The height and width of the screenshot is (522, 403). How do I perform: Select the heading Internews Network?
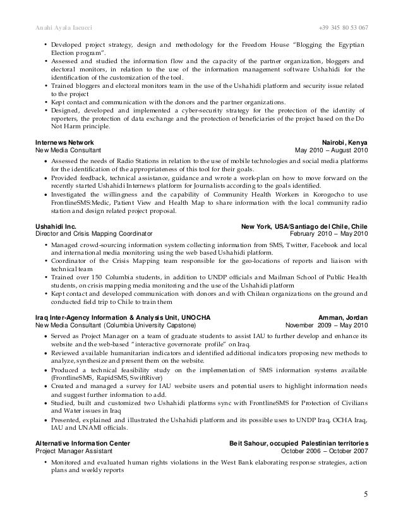coord(64,143)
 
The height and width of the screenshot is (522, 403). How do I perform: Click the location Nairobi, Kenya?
coord(349,143)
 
